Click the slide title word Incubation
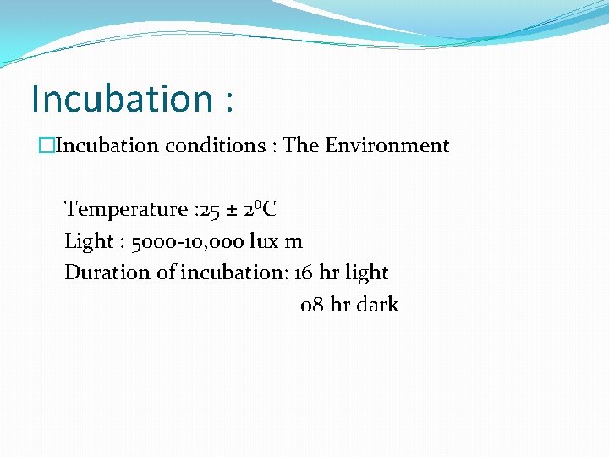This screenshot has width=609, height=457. click(x=122, y=99)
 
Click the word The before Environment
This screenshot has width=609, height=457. click(x=299, y=146)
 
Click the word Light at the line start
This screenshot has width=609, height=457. click(x=88, y=241)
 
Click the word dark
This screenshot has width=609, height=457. click(x=377, y=305)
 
